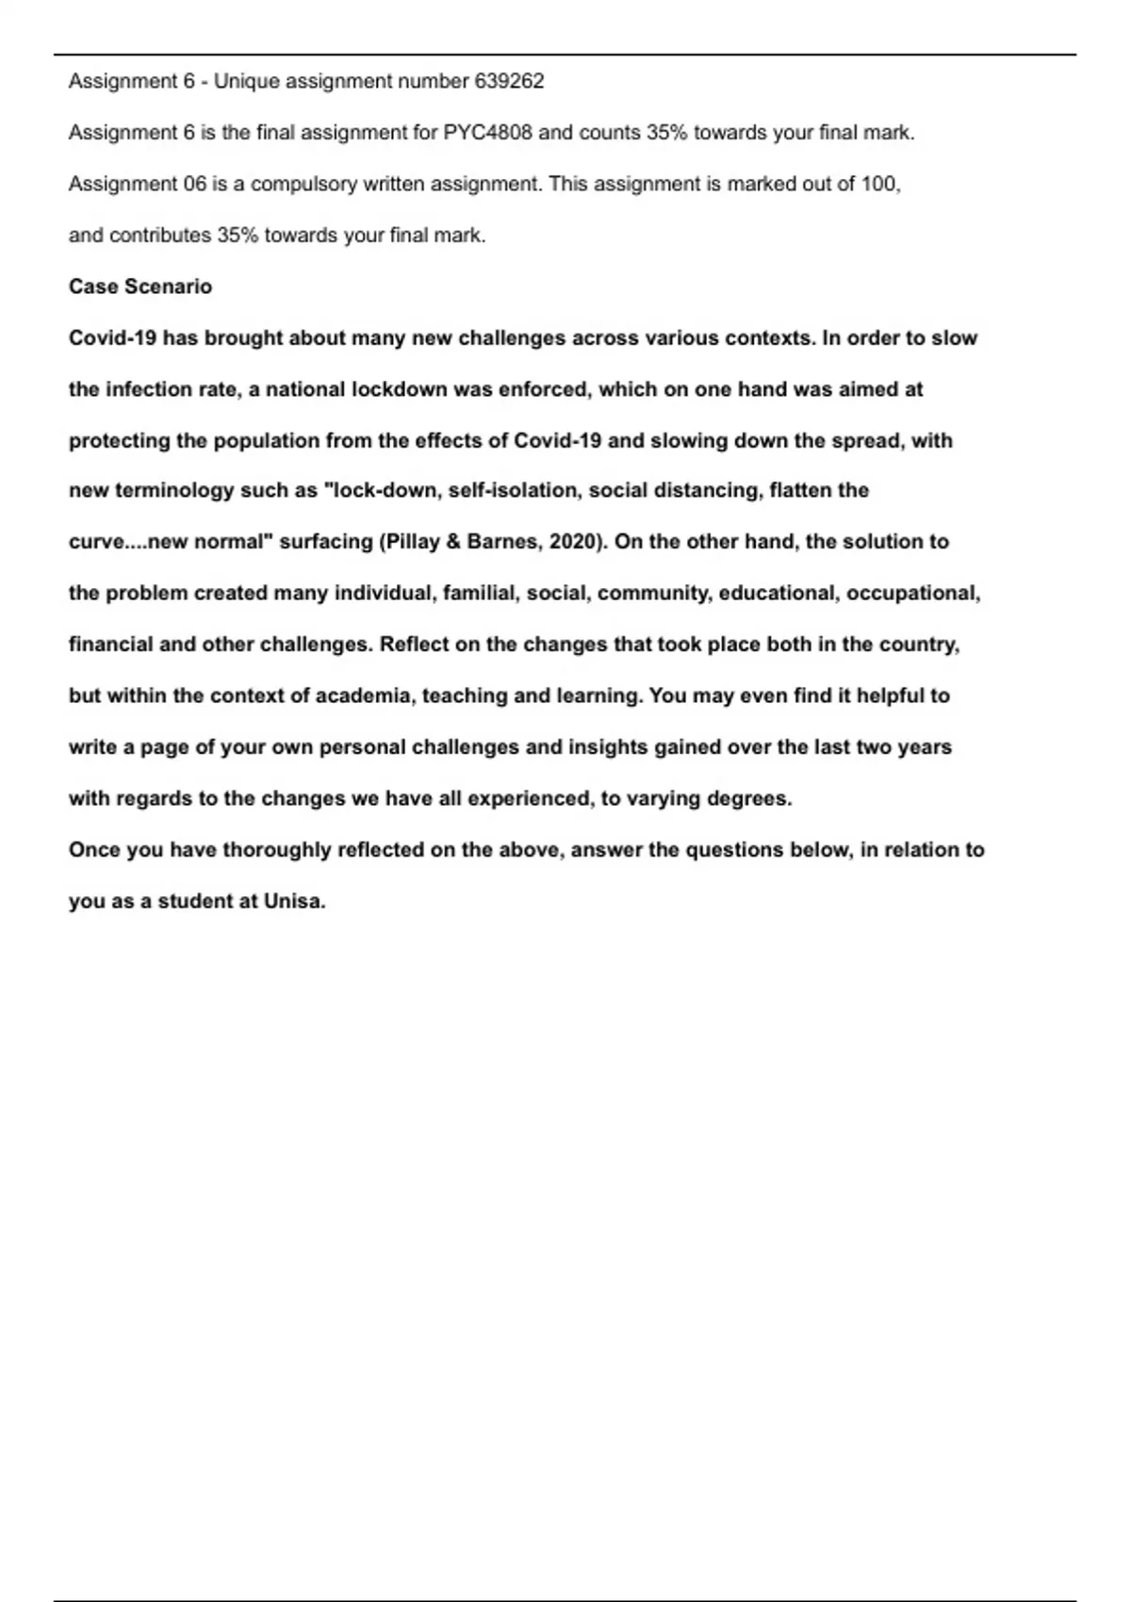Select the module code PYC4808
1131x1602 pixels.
481,133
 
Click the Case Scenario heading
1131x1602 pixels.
140,286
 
